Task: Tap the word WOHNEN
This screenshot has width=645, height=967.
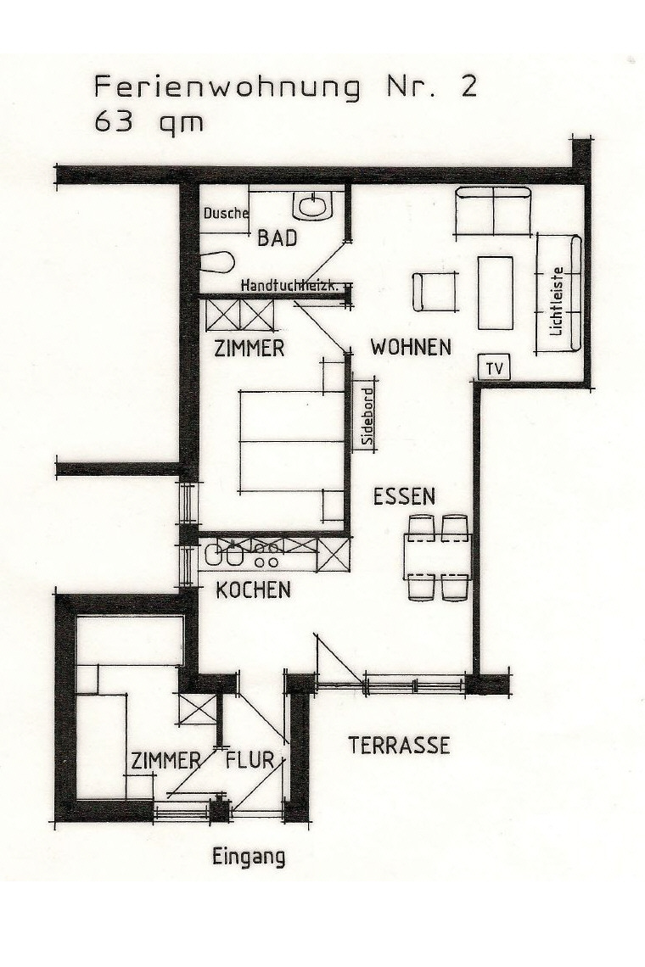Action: coord(411,347)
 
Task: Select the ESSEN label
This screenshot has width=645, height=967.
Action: coord(404,496)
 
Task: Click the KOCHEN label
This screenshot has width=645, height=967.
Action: coord(253,590)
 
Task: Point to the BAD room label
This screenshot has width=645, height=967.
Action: coord(277,239)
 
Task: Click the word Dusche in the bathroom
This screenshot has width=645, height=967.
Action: coord(226,214)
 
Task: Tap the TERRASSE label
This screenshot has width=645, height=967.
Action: coord(399,746)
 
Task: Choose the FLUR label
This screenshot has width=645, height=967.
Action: coord(250,760)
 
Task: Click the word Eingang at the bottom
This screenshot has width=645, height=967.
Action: coord(248,858)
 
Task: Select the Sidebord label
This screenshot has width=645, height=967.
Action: coord(367,415)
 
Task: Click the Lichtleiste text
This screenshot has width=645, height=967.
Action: coord(557,301)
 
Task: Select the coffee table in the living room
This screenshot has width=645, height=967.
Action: coord(495,293)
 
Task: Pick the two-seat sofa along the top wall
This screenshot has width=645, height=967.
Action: coord(494,211)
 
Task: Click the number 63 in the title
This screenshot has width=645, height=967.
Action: coord(111,121)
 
